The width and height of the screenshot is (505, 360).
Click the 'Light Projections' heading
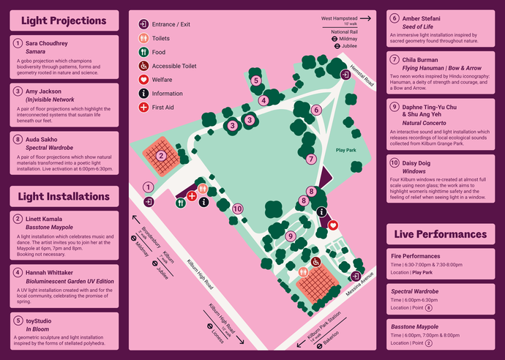[x=64, y=21]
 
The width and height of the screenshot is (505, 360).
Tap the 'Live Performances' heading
[x=440, y=234]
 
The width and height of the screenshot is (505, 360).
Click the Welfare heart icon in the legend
[x=143, y=79]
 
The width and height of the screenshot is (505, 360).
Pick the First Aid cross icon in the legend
[x=143, y=108]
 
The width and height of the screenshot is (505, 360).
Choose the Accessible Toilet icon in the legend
[x=143, y=66]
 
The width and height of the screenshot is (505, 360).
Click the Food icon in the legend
[x=143, y=52]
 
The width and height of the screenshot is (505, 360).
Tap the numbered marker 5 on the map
[x=255, y=80]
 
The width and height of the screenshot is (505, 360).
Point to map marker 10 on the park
[x=236, y=209]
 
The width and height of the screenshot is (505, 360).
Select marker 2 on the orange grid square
[x=162, y=155]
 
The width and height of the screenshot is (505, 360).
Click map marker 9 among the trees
[x=291, y=236]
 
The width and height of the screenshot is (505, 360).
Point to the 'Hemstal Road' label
[x=362, y=74]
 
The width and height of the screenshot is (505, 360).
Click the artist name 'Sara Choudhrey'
[x=47, y=44]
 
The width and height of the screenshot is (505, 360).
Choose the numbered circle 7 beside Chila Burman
[x=394, y=59]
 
